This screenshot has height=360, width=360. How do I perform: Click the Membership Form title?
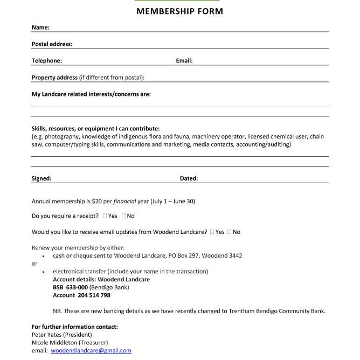pos(179,11)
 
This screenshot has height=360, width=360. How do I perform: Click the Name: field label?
pos(40,27)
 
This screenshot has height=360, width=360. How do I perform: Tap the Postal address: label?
pos(52,44)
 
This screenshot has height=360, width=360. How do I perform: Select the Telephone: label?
pos(46,61)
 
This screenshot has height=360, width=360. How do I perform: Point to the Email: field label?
pos(184,61)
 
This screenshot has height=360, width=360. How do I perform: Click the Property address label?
pos(54,78)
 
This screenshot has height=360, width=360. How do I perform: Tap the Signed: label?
pos(41,178)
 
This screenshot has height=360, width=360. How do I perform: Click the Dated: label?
pos(189,178)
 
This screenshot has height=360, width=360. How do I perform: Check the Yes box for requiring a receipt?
pos(105,216)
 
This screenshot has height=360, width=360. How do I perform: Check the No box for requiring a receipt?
pos(124,216)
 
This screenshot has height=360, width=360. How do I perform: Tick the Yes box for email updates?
pos(212,232)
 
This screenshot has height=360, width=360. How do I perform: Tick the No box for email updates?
pos(230,232)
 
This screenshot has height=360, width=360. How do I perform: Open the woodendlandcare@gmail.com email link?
pos(91,350)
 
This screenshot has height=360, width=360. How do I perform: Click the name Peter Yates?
pos(46,335)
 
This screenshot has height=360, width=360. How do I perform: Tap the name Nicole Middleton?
pos(54,342)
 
